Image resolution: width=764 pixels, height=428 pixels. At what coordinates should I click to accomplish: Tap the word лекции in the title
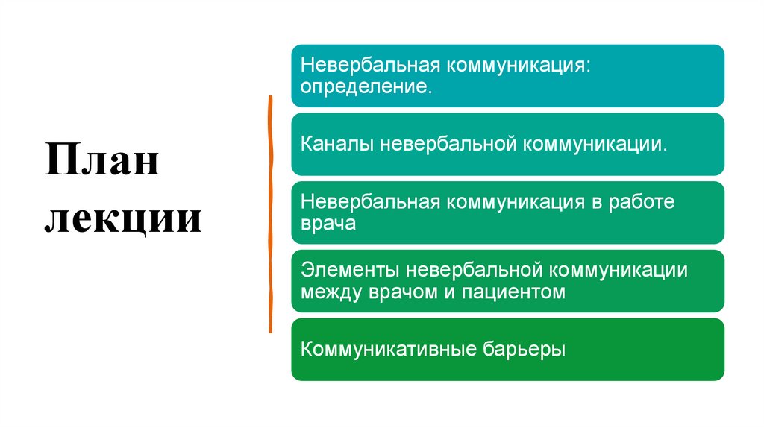click(x=123, y=219)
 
